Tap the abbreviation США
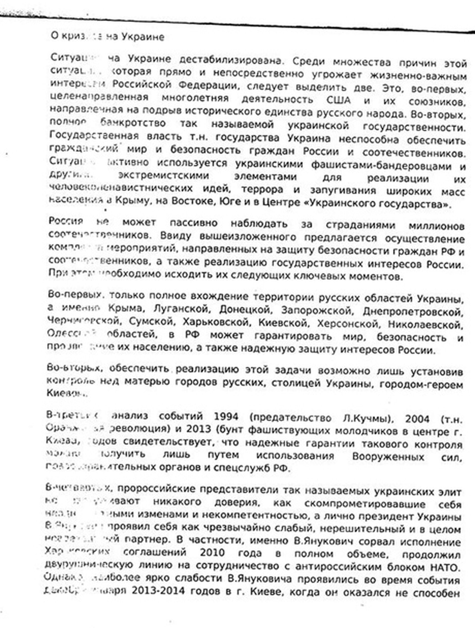coord(338,100)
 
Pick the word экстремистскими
coord(163,176)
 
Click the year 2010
coord(212,552)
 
